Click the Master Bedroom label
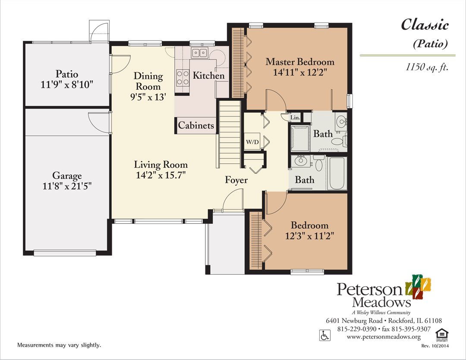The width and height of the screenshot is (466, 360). (299, 62)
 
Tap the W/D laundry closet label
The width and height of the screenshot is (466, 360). (252, 141)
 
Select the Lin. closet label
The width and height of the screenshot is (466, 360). (295, 117)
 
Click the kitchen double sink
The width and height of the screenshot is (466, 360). (199, 53)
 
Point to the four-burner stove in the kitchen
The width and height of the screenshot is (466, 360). (182, 78)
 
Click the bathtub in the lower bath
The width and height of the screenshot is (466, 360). (337, 174)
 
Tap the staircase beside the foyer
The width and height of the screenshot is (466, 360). (229, 134)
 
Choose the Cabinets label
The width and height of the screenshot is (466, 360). (196, 125)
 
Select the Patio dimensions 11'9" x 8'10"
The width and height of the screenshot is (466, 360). (67, 85)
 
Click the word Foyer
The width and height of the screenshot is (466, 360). (236, 180)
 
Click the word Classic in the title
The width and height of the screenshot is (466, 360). (425, 25)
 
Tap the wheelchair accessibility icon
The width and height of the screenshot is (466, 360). (324, 335)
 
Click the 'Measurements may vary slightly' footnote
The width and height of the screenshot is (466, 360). (59, 345)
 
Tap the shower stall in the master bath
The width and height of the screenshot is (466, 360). (300, 138)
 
